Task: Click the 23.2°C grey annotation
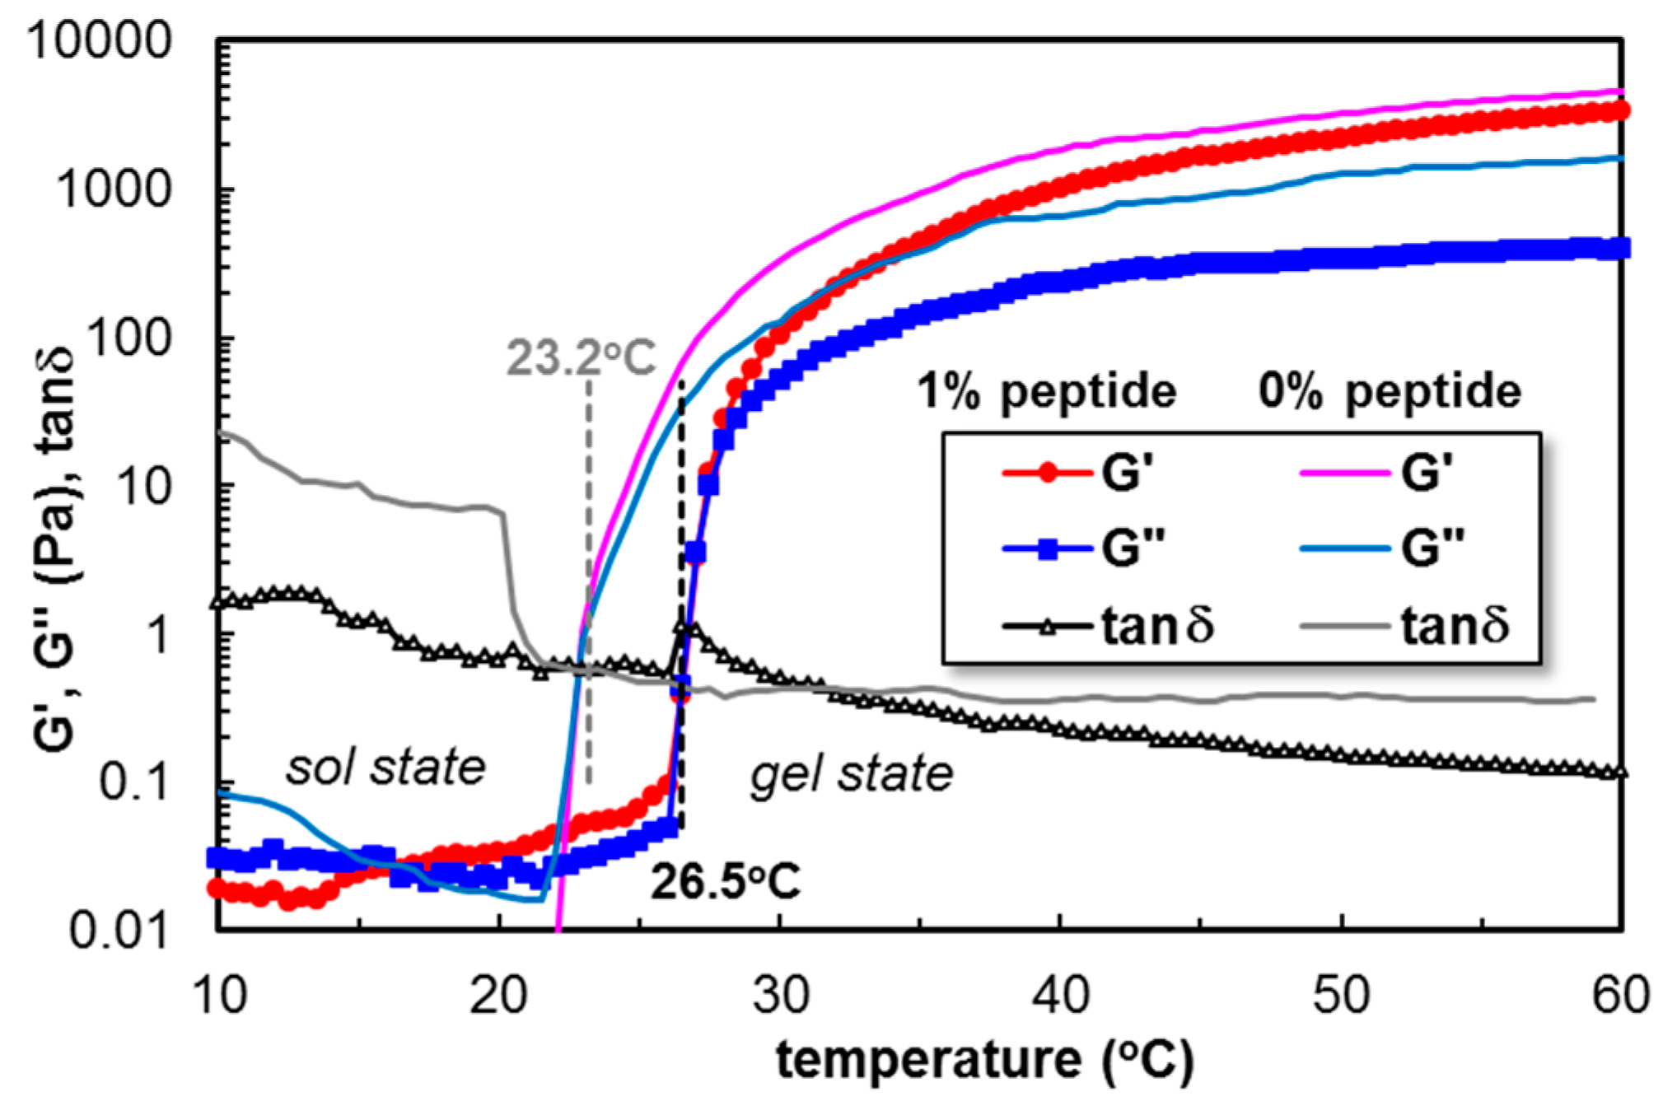tap(581, 358)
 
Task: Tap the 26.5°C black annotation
tap(725, 882)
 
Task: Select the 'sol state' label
tap(385, 768)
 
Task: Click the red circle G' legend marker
tap(1047, 474)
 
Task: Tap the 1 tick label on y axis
tap(156, 635)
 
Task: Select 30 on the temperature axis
tap(781, 995)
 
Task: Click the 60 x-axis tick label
tap(1619, 995)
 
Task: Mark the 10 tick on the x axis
tap(219, 995)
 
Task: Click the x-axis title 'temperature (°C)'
tap(984, 1060)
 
